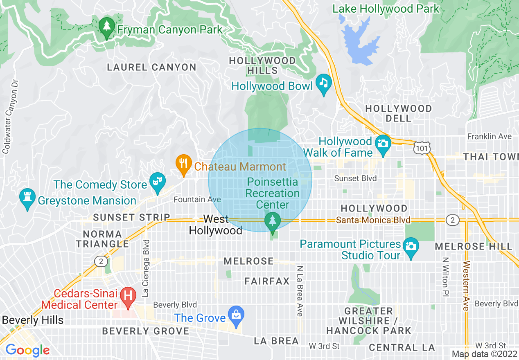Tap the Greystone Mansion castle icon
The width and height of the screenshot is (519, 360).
coord(27,198)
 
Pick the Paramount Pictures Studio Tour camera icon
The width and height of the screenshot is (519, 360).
coord(411,247)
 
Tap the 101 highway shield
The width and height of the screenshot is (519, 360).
coord(421,148)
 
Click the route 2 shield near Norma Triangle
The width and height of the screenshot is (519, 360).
coord(101,261)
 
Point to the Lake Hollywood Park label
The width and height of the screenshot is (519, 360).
coord(386,9)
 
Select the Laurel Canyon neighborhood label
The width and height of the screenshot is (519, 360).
coord(151,67)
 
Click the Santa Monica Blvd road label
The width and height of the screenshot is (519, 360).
coord(373,220)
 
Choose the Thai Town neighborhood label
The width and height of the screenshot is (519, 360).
coord(490,157)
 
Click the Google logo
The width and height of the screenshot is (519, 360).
coord(27,350)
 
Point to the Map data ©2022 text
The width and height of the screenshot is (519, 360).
coord(484,354)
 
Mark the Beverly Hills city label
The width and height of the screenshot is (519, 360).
coord(32,320)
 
